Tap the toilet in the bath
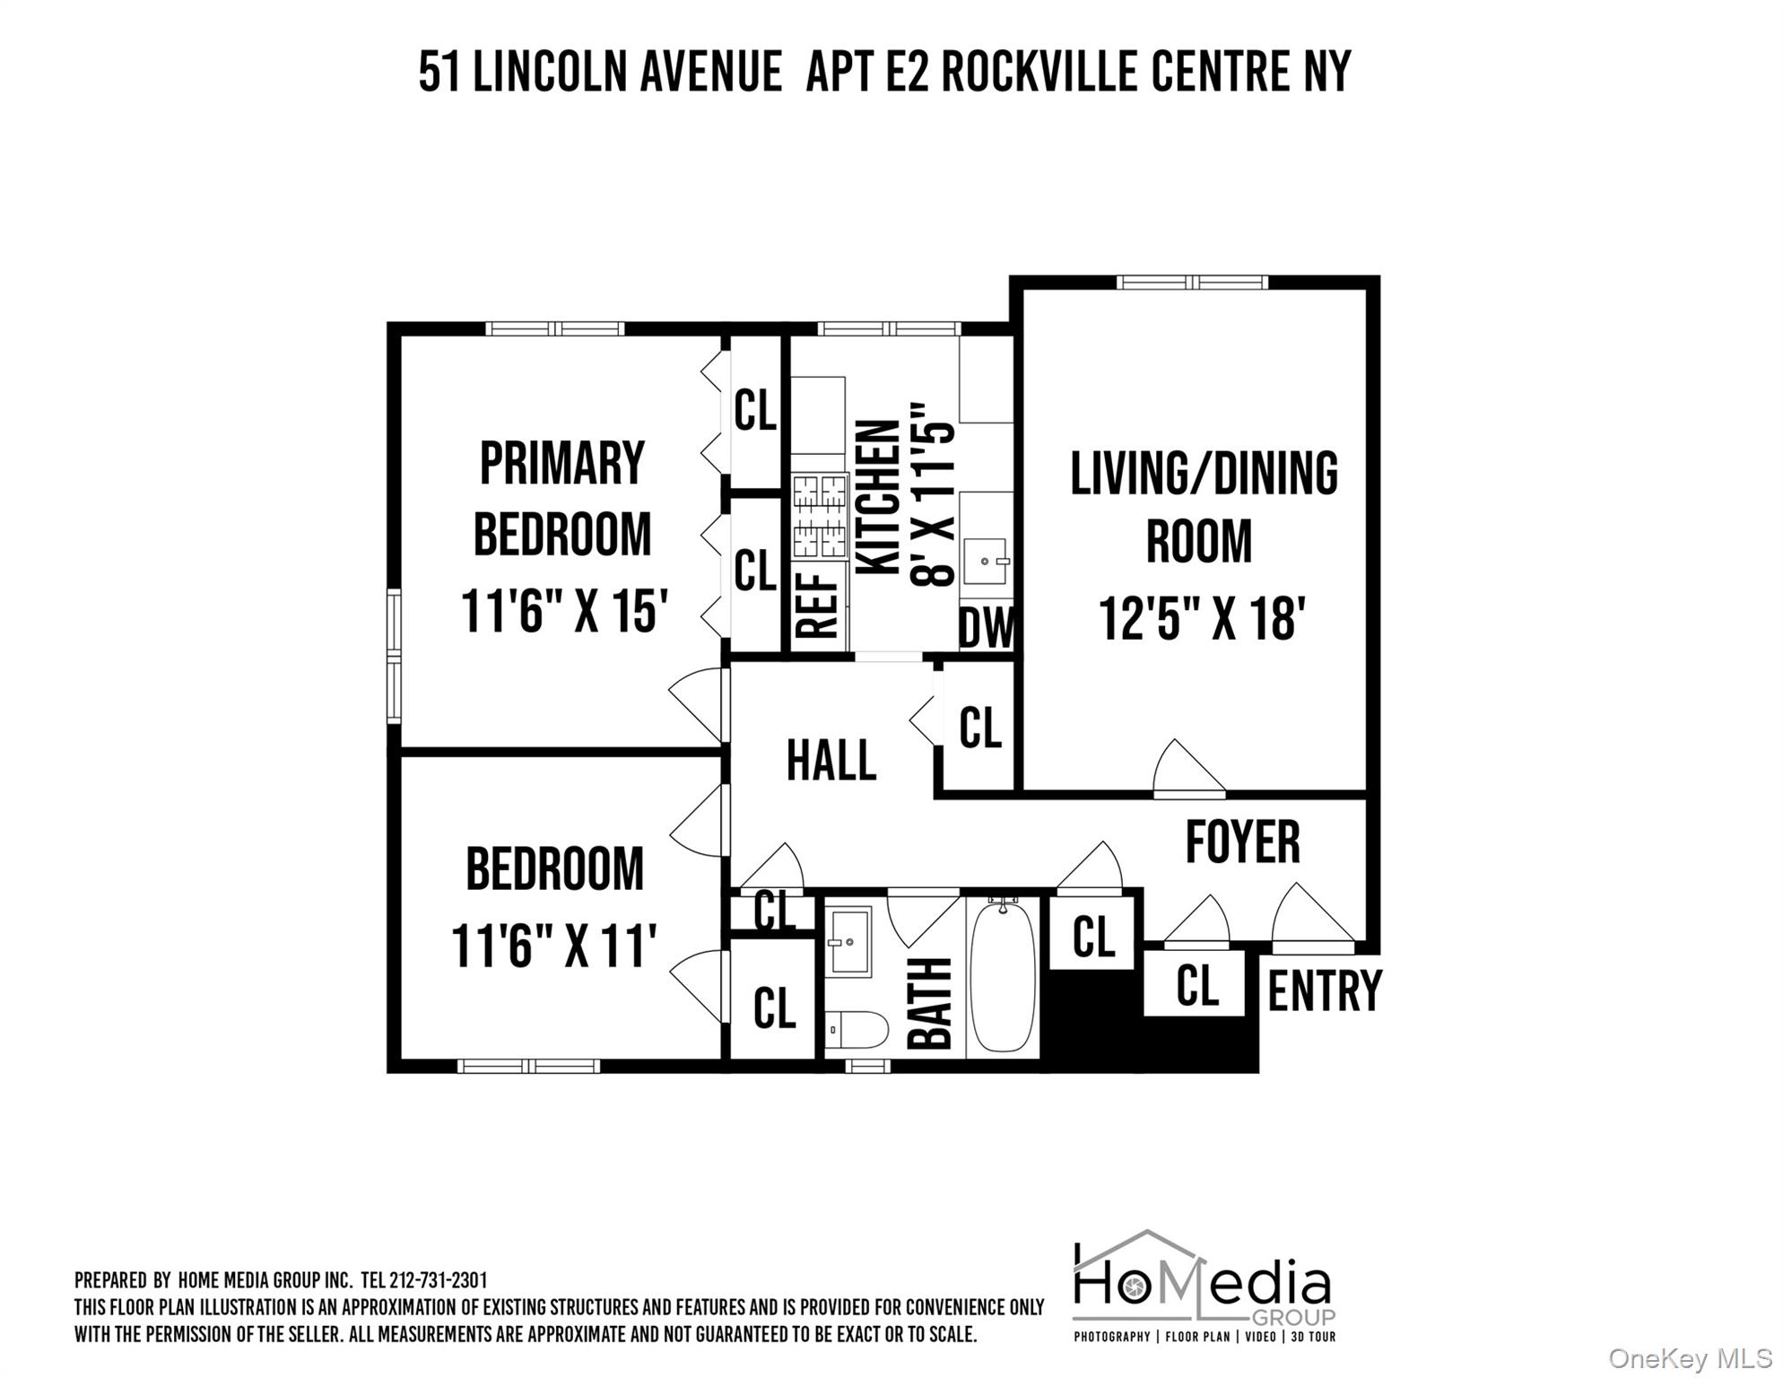tap(857, 1029)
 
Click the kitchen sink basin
tap(986, 561)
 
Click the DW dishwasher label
tap(987, 628)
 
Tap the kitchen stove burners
tap(821, 516)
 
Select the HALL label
tap(831, 761)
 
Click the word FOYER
tap(1242, 842)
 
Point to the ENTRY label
tap(1324, 990)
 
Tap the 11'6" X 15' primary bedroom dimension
tap(564, 610)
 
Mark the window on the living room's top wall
tap(1192, 283)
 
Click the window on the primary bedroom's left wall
tap(394, 655)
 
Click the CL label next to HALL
tap(979, 727)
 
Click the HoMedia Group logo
tap(1204, 1285)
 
